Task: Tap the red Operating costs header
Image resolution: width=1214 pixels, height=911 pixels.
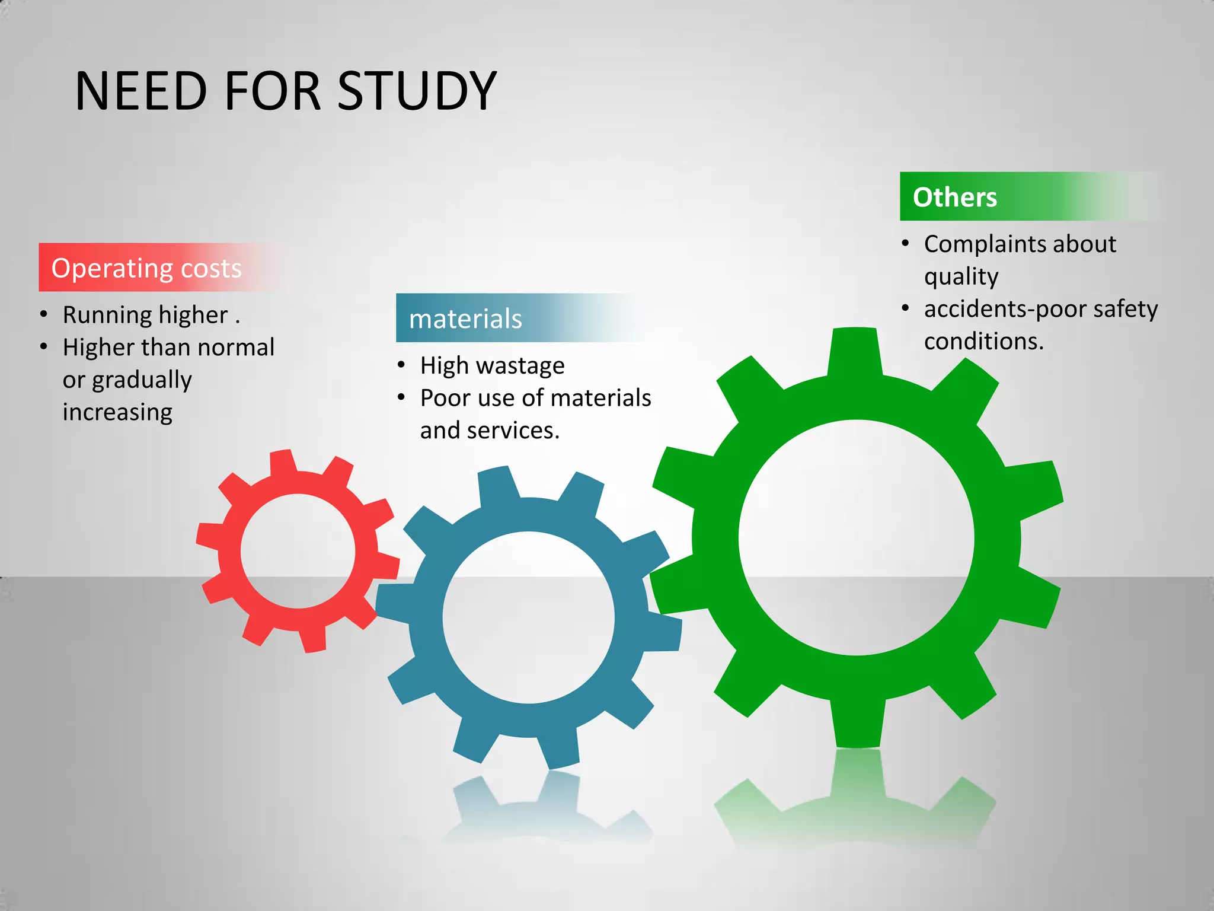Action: point(146,268)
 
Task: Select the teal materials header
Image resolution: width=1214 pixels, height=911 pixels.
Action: point(465,318)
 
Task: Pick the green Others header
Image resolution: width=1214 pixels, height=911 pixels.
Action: point(954,197)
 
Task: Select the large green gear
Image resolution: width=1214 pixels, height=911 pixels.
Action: point(714,537)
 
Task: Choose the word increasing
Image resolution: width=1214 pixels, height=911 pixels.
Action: point(117,412)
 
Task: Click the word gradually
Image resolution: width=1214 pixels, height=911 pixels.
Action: point(142,380)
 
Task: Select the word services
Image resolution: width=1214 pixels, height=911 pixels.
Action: point(521,431)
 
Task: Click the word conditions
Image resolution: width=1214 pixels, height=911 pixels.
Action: point(983,342)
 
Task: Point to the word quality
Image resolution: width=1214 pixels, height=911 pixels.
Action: point(961,277)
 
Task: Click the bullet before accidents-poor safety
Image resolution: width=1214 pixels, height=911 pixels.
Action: point(905,308)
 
